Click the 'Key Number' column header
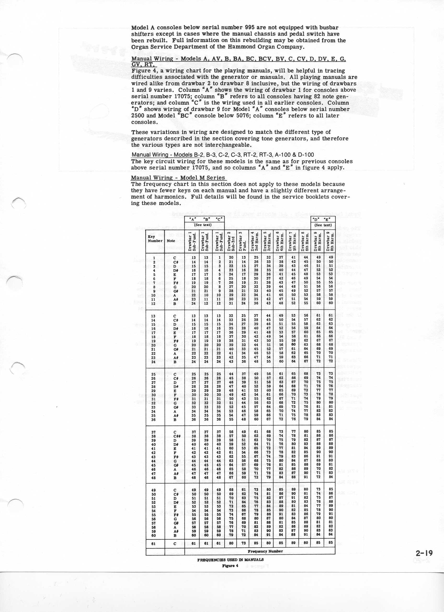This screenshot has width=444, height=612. tap(155, 239)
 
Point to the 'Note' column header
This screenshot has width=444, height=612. tap(171, 241)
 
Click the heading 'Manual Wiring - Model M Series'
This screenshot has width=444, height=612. tap(178, 178)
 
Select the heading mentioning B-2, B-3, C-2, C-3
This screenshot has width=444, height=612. tap(222, 155)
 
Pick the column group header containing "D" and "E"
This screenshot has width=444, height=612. tap(323, 219)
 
